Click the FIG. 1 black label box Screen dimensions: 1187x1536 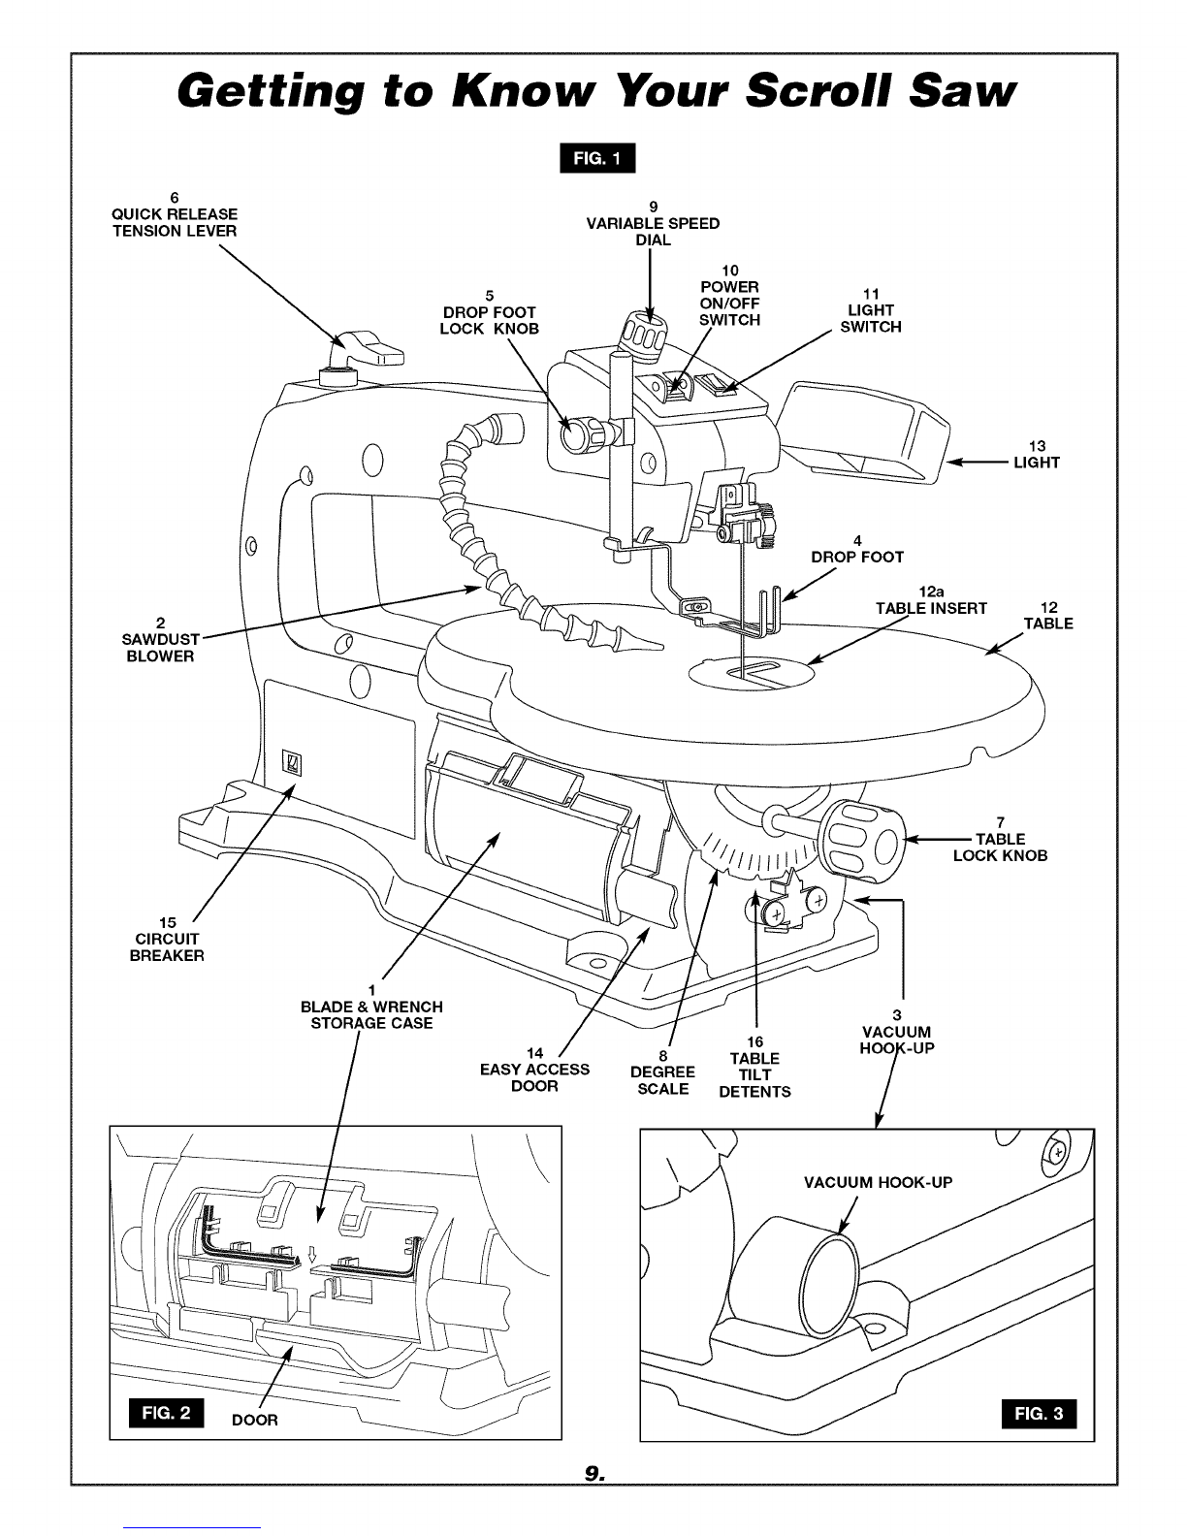pos(597,158)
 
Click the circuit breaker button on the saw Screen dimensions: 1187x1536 pos(292,763)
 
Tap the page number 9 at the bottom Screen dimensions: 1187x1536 pos(593,1472)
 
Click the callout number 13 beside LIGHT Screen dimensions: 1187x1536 pos(1037,446)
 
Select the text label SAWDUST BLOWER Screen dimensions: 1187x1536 pos(160,648)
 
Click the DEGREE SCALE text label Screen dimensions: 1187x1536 pos(662,1080)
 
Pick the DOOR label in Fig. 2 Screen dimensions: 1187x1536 pos(254,1420)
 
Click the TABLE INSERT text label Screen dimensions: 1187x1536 pos(931,608)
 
